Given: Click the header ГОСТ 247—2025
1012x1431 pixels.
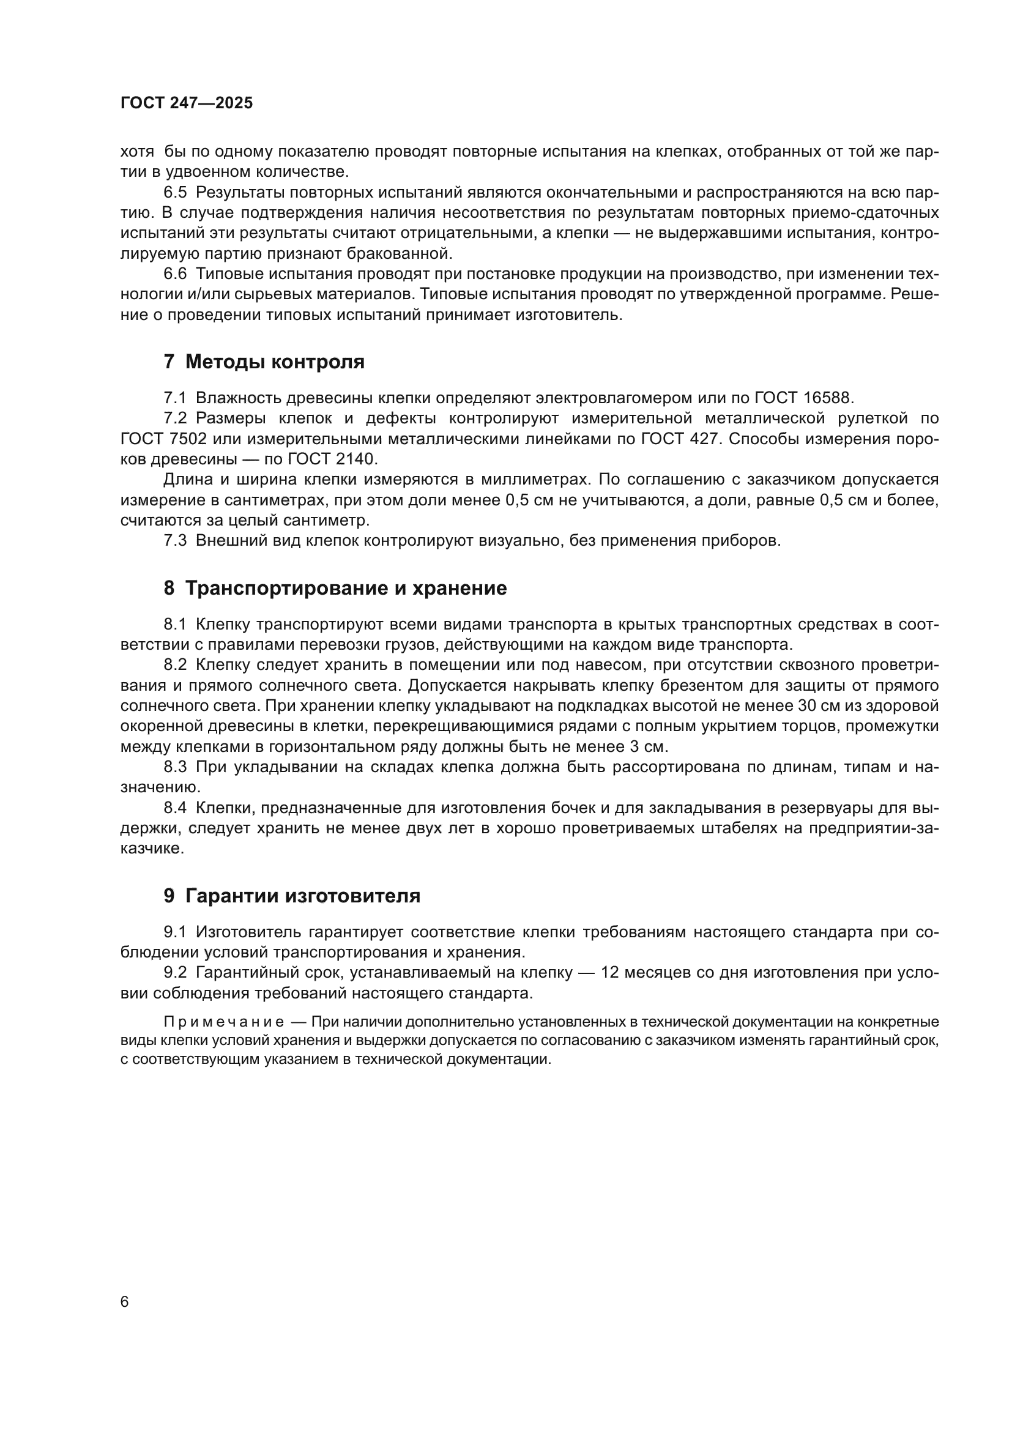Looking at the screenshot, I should click(x=187, y=103).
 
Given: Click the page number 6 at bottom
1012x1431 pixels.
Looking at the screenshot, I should click(x=125, y=1302).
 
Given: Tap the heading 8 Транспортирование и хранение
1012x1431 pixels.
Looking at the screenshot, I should click(x=335, y=588).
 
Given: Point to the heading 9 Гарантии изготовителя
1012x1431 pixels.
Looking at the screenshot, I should click(x=292, y=896).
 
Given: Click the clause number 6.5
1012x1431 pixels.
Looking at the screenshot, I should click(x=175, y=192).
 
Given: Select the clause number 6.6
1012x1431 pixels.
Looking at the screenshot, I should click(x=175, y=273).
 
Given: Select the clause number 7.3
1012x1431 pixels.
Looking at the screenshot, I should click(x=175, y=540).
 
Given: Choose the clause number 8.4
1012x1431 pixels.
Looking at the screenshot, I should click(x=175, y=808).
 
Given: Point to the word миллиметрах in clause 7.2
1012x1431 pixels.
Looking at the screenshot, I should click(x=532, y=479).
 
